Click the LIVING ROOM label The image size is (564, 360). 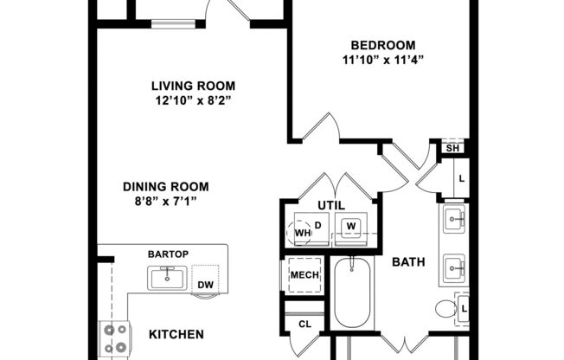tap(193, 86)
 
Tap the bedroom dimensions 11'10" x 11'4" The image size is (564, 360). tap(382, 61)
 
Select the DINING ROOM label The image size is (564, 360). tap(165, 186)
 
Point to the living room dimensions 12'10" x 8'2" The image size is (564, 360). tap(193, 100)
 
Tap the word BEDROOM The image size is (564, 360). tap(382, 45)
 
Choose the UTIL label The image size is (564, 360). tap(330, 206)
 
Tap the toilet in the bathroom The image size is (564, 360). tap(446, 308)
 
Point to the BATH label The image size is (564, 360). tap(407, 261)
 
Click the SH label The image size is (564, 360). tap(452, 148)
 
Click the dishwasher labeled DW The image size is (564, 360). tap(205, 284)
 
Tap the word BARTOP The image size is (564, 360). tap(169, 254)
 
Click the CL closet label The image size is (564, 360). tap(304, 325)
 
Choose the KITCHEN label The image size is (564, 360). tap(176, 334)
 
